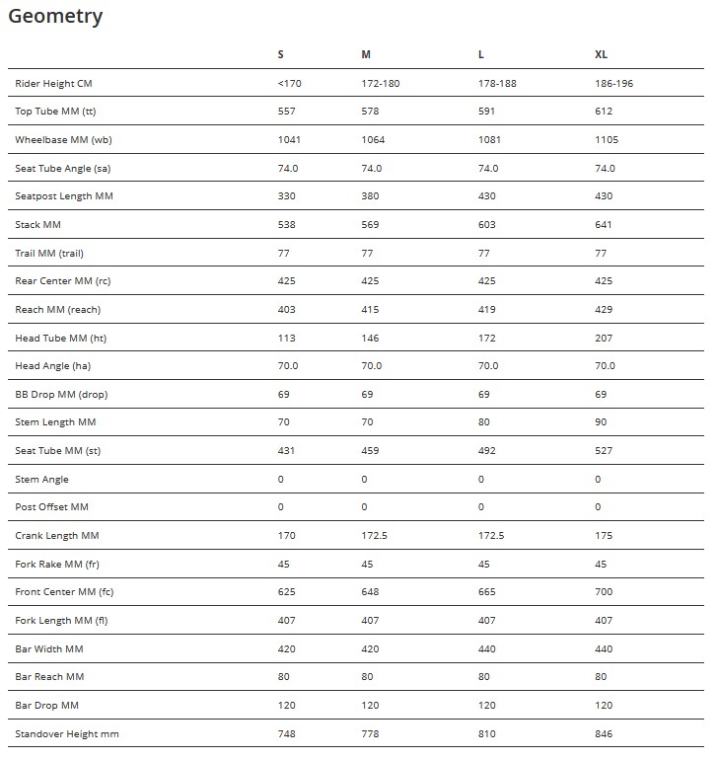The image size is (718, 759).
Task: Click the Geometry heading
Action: coord(55,17)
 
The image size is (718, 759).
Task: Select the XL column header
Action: coord(602,54)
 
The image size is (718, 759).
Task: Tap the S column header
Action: coord(281,54)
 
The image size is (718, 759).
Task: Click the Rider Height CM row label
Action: coord(53,83)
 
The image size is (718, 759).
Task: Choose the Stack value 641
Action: coord(604,224)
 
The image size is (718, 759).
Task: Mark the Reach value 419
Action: coord(486,309)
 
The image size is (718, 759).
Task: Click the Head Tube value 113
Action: coord(287,338)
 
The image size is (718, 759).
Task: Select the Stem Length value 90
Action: coord(602,422)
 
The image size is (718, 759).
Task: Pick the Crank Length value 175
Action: coord(604,535)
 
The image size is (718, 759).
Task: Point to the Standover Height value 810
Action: coord(486,733)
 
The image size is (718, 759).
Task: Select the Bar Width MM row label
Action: coord(49,648)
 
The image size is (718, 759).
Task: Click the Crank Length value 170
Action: coord(287,535)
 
